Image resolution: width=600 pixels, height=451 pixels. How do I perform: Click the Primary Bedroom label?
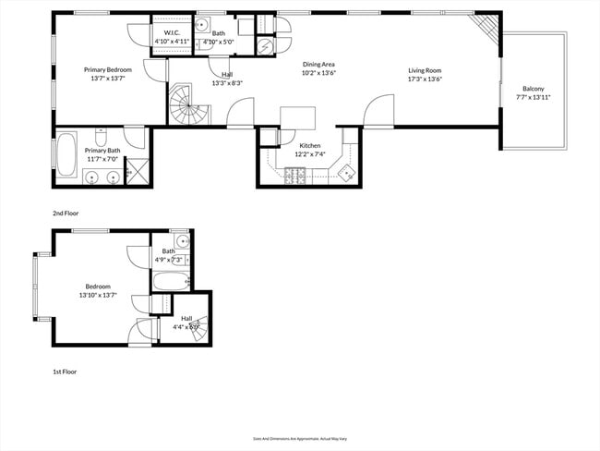(108, 70)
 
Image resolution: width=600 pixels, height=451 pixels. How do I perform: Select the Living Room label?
(426, 70)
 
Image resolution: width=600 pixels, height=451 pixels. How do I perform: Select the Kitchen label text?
(309, 145)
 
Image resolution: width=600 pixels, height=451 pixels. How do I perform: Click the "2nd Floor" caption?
(66, 213)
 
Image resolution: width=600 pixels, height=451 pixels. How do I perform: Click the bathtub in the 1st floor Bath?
(171, 281)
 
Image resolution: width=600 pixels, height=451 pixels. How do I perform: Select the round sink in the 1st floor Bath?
(183, 242)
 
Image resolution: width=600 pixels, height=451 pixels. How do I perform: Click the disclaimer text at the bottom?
(299, 439)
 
